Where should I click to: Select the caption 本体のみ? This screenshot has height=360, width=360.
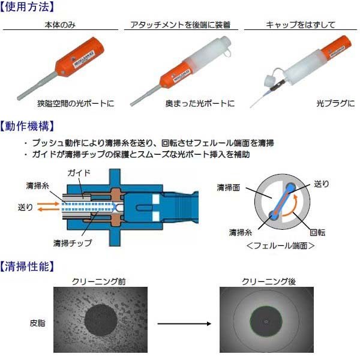59,25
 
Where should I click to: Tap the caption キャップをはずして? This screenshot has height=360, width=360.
300,25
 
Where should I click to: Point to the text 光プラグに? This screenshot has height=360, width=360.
335,103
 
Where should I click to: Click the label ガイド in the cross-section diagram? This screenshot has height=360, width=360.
79,173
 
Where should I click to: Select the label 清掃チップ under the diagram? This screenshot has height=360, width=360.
73,243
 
